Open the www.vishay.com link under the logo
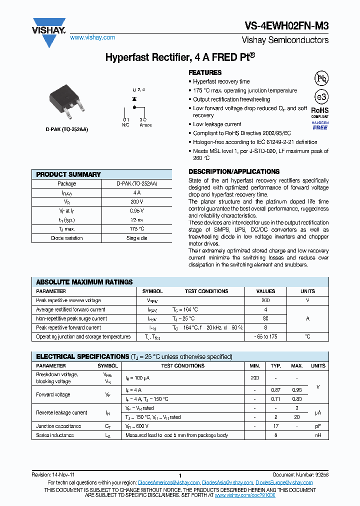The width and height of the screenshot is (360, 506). [x=92, y=37]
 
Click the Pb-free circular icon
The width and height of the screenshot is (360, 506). [x=320, y=78]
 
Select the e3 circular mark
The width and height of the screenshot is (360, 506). [x=320, y=97]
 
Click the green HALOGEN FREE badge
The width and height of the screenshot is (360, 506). [x=320, y=125]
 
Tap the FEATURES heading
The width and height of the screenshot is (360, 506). [x=205, y=72]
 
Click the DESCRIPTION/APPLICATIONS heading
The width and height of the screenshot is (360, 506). [x=234, y=171]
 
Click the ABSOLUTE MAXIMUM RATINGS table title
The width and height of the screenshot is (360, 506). [x=84, y=282]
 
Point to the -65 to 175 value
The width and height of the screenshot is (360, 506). [x=265, y=337]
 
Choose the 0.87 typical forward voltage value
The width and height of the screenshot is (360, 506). [x=275, y=390]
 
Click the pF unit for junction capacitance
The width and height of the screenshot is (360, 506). [x=318, y=426]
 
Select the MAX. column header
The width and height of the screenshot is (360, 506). [x=297, y=366]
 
